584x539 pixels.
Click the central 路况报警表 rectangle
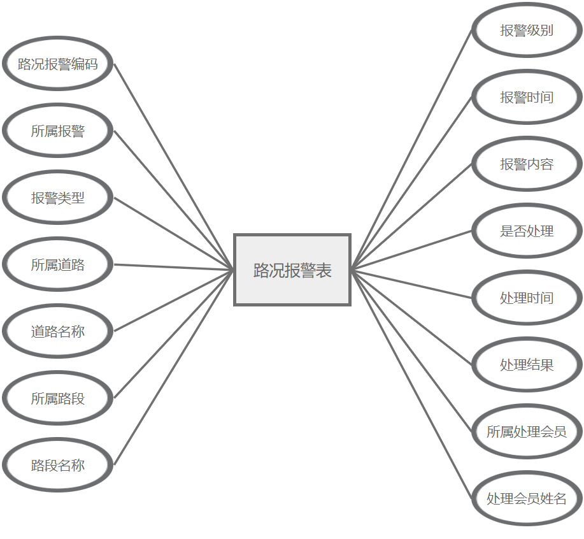pos(292,270)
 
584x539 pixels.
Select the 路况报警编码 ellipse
pos(58,64)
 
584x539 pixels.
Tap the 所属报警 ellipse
pos(58,131)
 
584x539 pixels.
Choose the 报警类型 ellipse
pos(58,198)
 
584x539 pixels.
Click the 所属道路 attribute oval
pos(58,265)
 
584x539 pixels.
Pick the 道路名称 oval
pos(58,332)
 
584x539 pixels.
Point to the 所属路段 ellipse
pos(58,399)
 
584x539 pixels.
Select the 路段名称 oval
pos(58,466)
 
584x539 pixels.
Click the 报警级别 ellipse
pos(527,31)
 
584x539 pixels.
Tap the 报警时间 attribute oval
pos(527,97)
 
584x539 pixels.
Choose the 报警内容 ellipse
pos(527,164)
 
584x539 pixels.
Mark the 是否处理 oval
pos(527,231)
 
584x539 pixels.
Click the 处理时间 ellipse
pos(527,298)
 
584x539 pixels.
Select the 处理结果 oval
pos(527,365)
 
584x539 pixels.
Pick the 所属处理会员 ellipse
pos(527,432)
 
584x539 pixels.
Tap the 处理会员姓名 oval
pos(527,499)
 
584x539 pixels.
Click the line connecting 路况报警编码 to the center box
pos(174,166)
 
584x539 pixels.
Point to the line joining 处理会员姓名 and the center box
pos(411,384)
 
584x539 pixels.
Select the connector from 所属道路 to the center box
pos(174,267)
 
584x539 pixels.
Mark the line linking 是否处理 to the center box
pos(411,250)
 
